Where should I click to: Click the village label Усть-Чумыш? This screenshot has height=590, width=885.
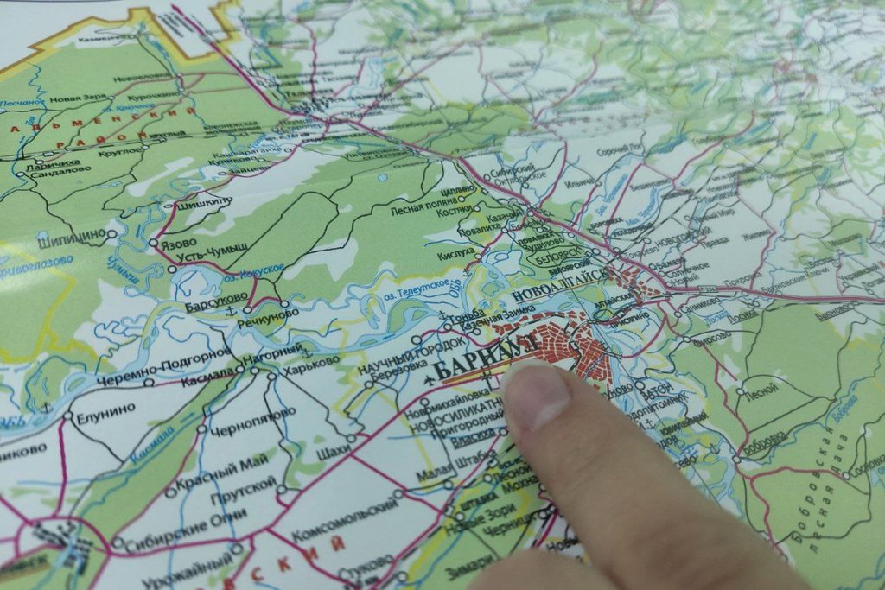213,254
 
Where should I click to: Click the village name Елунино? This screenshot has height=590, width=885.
104,416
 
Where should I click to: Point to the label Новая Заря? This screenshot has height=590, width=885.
77,99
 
